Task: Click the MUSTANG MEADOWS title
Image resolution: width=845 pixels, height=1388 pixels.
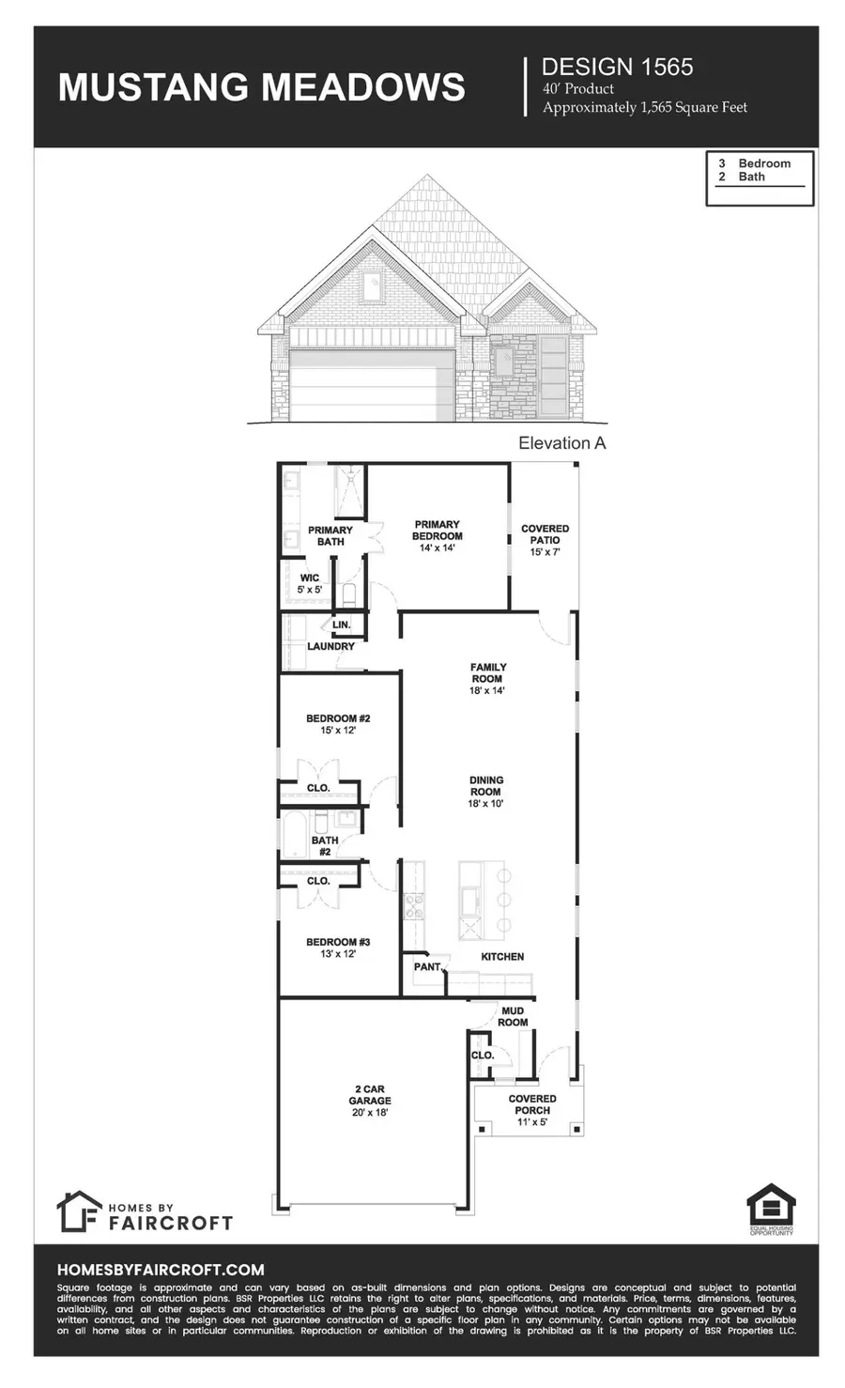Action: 261,86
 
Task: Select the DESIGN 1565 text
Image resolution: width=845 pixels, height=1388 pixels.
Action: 617,67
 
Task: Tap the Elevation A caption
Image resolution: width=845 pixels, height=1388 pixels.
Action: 561,443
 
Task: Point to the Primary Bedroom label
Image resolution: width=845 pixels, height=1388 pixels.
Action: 437,535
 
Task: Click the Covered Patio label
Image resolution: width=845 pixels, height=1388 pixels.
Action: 545,540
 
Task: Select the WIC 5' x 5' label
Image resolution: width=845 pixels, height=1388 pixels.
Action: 309,583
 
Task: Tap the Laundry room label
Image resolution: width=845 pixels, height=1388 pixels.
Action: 330,646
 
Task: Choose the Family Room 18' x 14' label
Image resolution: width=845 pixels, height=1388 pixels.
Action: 487,678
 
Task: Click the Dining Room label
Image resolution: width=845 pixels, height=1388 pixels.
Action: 485,791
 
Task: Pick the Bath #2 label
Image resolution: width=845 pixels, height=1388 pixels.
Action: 325,846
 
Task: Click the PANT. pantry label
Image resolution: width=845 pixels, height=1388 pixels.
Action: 427,966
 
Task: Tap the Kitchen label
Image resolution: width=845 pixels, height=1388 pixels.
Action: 502,956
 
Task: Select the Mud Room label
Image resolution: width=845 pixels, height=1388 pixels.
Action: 513,1016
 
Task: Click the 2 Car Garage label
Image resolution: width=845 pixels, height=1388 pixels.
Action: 369,1100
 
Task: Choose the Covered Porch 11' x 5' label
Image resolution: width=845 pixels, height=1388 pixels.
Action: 531,1110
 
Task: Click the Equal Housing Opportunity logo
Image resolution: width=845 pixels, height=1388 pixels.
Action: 770,1210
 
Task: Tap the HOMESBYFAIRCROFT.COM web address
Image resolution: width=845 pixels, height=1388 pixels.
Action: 161,1269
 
